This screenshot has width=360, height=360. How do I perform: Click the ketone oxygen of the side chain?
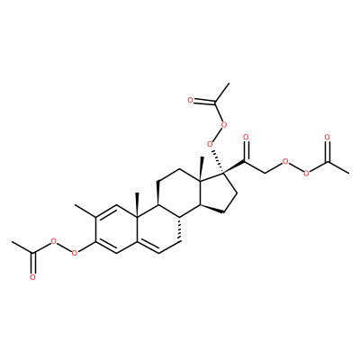tap(246, 138)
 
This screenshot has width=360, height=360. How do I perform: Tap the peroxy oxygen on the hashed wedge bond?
tap(210, 145)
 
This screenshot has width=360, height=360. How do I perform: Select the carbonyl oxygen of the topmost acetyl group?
tap(190, 100)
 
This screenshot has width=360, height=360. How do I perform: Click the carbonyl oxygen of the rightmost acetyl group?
tap(328, 138)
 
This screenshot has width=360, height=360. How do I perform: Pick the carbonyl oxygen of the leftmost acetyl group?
tap(32, 277)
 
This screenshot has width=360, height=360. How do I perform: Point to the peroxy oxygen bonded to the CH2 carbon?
tap(285, 162)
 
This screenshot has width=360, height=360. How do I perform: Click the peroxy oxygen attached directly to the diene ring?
tap(75, 254)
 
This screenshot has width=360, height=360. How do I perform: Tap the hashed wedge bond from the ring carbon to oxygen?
tap(218, 161)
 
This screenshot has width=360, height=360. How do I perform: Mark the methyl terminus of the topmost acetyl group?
tap(229, 84)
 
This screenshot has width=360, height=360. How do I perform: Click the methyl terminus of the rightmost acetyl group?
tap(348, 174)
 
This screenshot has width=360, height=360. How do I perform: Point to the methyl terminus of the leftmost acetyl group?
tap(12, 242)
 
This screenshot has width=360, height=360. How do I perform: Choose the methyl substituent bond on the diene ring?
tap(85, 211)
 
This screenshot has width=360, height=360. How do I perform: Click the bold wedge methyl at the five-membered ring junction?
tap(202, 168)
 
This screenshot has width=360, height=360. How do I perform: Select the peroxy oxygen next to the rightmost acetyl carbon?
tap(306, 174)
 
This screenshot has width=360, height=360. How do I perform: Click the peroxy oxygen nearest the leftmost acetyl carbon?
tap(54, 241)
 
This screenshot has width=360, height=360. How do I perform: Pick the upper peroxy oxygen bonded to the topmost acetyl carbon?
tap(222, 123)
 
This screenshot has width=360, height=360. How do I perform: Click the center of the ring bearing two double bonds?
tap(116, 229)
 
